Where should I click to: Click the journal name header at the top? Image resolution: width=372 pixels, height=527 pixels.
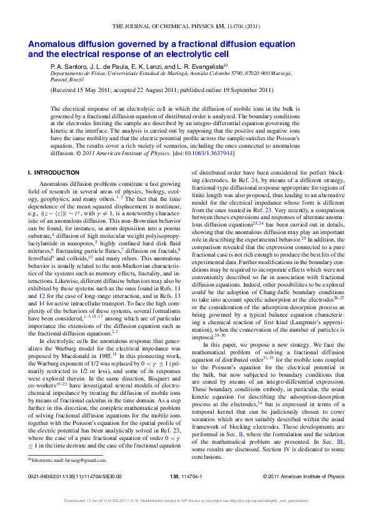186,27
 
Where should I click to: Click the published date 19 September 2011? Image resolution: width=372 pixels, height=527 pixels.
241,90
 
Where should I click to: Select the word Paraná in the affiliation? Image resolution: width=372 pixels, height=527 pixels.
59,79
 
